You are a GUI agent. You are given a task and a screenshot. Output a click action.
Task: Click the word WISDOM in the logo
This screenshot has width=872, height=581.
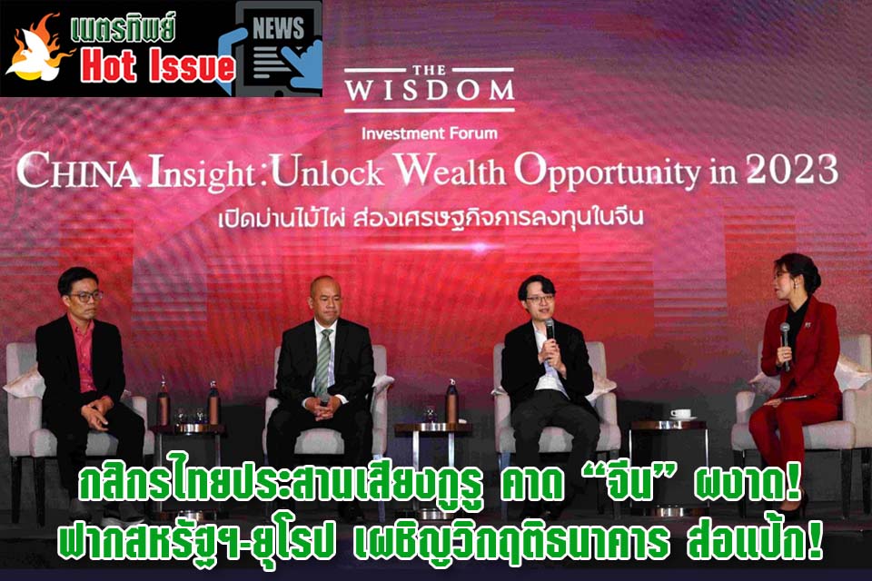pyautogui.click(x=430, y=90)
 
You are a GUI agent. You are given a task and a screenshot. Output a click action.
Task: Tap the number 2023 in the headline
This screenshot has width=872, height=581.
pyautogui.click(x=792, y=169)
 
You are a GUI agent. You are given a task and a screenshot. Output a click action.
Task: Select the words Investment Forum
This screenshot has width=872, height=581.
pyautogui.click(x=430, y=133)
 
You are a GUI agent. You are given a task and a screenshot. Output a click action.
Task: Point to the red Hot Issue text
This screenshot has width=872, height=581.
pyautogui.click(x=158, y=66)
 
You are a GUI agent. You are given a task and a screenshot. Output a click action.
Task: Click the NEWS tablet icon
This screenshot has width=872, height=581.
pyautogui.click(x=277, y=48)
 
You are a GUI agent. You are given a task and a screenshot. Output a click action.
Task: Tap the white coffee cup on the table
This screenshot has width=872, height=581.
pyautogui.click(x=680, y=414)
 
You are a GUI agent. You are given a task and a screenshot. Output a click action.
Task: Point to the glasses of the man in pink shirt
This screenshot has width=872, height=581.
pyautogui.click(x=84, y=297)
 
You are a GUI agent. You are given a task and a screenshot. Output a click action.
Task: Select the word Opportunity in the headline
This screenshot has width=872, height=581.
pyautogui.click(x=608, y=172)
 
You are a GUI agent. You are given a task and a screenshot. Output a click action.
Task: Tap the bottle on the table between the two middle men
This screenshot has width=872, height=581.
pyautogui.click(x=451, y=401)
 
